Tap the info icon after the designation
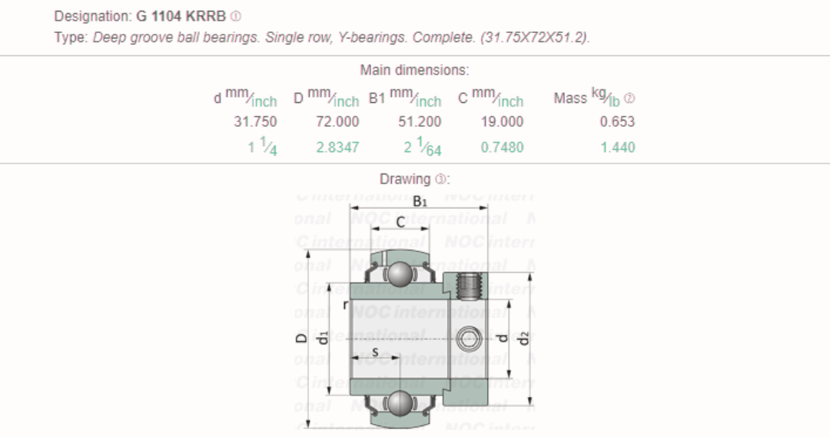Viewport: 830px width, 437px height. [x=236, y=16]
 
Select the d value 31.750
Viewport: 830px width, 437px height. [x=255, y=121]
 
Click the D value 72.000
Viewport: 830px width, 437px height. [x=337, y=121]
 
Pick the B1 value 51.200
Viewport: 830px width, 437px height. [x=420, y=121]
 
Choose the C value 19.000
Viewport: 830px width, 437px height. [x=502, y=121]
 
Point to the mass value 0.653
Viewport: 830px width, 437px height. [x=617, y=121]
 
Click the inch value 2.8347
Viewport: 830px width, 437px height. [x=337, y=147]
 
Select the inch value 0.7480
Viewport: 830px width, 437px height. [x=502, y=147]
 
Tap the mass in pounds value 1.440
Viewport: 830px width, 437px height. [x=618, y=147]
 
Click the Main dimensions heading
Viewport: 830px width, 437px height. [x=414, y=70]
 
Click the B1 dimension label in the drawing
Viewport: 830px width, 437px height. [x=420, y=201]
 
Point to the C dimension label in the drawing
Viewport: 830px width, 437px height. [x=400, y=222]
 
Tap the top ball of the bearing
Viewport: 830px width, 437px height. [x=399, y=273]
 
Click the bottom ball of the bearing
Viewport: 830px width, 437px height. [x=399, y=402]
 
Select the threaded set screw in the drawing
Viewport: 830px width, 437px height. [x=468, y=286]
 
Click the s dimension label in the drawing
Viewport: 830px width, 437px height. [x=375, y=352]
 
